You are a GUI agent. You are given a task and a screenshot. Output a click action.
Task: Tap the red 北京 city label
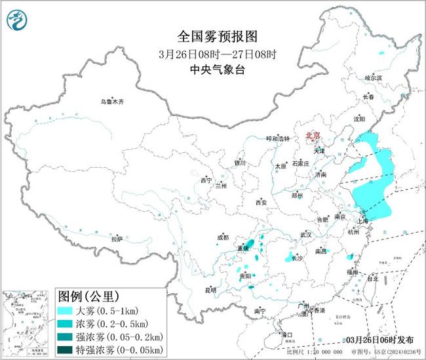(x=313, y=136)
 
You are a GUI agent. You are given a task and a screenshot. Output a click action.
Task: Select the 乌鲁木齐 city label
(x=111, y=102)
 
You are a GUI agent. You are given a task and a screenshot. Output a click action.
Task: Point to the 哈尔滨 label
(x=374, y=77)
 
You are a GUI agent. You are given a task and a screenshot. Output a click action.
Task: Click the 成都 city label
(x=224, y=237)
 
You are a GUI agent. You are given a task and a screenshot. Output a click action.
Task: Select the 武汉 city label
(x=306, y=234)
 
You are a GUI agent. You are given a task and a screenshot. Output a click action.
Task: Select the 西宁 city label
(x=206, y=180)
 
